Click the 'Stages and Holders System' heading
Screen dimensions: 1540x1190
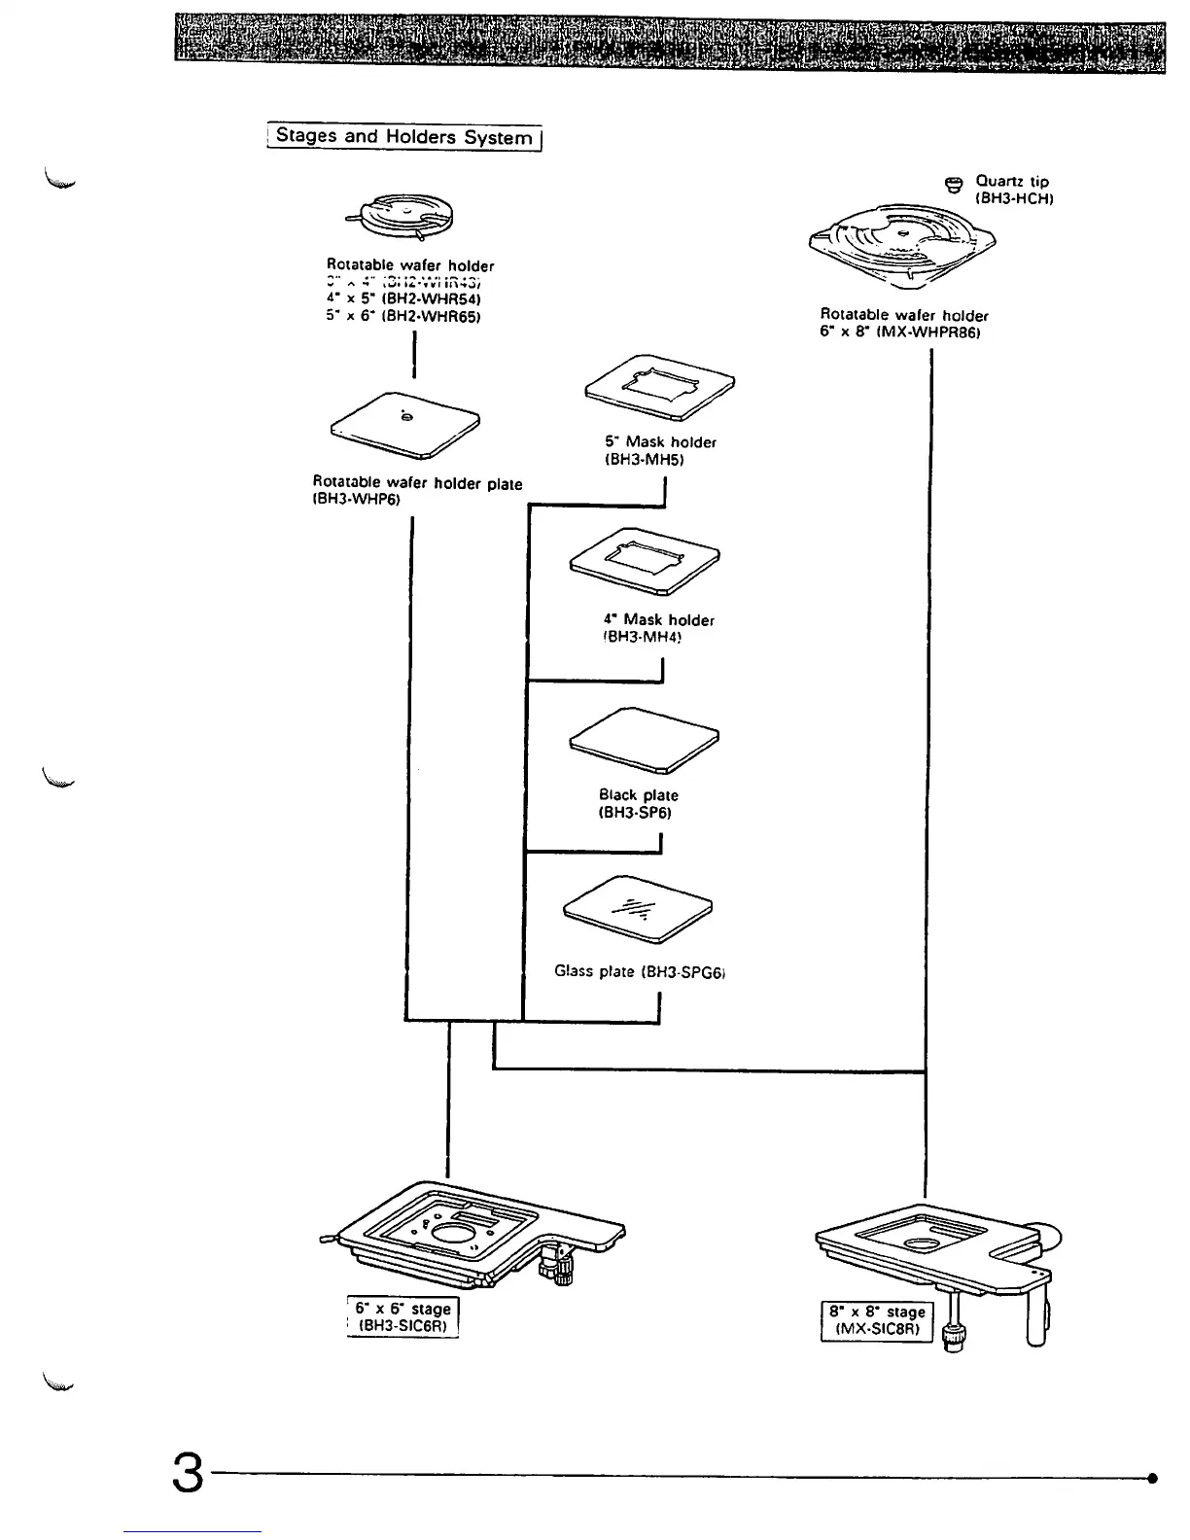(403, 137)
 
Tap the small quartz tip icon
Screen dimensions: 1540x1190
(954, 184)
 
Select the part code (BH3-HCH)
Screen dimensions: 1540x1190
(1015, 198)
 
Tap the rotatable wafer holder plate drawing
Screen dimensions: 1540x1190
(406, 423)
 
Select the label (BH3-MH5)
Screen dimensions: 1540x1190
(645, 460)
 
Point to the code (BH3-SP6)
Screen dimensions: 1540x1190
(635, 813)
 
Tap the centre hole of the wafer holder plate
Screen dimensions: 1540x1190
(406, 417)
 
